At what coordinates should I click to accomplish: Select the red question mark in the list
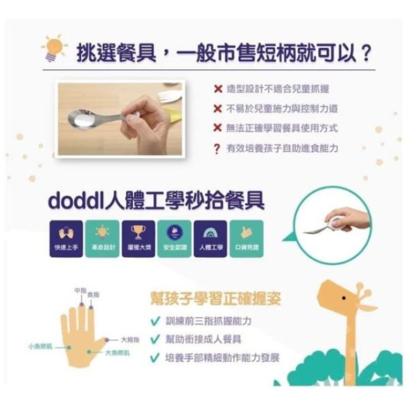click(x=218, y=148)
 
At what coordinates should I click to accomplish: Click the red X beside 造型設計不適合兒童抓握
click(x=218, y=89)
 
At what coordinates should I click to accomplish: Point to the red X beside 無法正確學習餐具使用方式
click(x=218, y=128)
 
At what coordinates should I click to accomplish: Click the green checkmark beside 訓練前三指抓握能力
click(x=154, y=321)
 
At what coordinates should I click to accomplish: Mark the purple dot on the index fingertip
click(x=91, y=307)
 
